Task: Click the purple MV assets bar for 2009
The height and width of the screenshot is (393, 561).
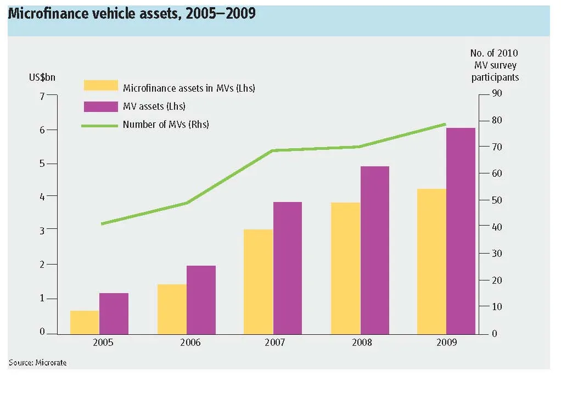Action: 461,231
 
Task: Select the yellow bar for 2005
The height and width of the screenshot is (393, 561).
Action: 85,323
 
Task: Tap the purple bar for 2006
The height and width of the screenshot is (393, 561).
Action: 201,300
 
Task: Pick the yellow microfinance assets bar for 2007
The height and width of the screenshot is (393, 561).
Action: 259,282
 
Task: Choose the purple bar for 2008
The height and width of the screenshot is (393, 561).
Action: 375,250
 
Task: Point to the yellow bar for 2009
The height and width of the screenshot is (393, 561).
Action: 432,261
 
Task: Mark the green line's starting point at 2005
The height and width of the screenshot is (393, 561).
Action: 102,224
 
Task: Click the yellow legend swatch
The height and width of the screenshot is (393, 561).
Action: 101,86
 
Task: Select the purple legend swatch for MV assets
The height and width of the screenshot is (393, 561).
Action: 101,106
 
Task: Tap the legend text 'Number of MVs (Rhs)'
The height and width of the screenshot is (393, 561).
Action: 166,125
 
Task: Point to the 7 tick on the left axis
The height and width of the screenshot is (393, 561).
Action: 42,96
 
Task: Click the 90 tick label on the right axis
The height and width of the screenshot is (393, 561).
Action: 497,93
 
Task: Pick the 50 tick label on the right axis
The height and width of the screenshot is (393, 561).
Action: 497,200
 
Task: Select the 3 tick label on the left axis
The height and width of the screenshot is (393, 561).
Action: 42,231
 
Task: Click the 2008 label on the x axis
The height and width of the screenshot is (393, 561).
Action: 362,342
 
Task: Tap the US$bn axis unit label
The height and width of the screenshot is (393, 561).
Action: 42,77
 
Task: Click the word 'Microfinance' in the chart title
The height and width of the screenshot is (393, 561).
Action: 48,14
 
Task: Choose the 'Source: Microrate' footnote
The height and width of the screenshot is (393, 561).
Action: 37,363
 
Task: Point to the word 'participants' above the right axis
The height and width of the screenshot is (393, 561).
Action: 495,77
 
